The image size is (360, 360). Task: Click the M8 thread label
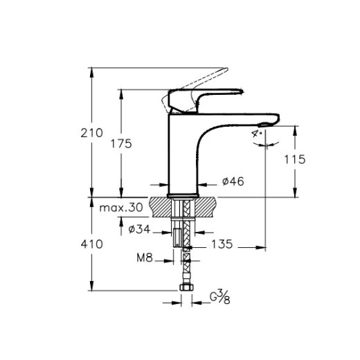(143, 260)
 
